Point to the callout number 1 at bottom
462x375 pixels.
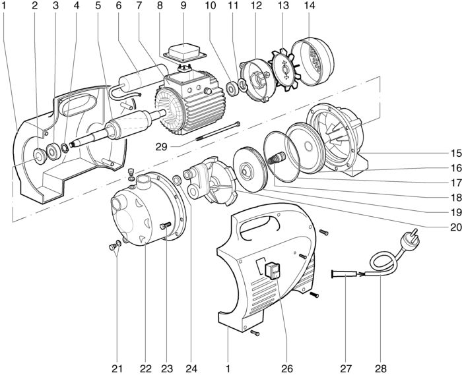pyautogui.click(x=227, y=367)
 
